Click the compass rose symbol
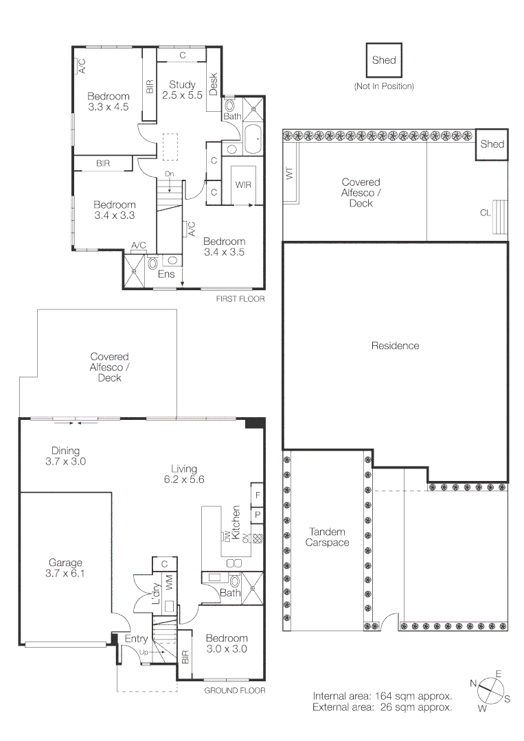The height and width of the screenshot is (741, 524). pyautogui.click(x=489, y=691)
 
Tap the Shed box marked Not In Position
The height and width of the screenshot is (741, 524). pyautogui.click(x=384, y=60)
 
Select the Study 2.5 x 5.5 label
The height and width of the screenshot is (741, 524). pyautogui.click(x=182, y=90)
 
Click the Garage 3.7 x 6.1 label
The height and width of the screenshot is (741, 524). pyautogui.click(x=66, y=569)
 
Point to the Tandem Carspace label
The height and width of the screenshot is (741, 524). pyautogui.click(x=327, y=537)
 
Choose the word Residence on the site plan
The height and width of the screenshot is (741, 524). pyautogui.click(x=395, y=346)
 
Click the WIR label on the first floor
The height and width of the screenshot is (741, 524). pyautogui.click(x=243, y=185)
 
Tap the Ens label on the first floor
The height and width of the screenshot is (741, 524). pyautogui.click(x=166, y=274)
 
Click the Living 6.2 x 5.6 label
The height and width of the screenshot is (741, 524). pyautogui.click(x=184, y=475)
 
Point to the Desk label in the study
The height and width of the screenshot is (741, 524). pyautogui.click(x=213, y=84)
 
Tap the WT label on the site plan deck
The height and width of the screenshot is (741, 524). pyautogui.click(x=289, y=174)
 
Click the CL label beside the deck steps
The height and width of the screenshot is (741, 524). pyautogui.click(x=486, y=213)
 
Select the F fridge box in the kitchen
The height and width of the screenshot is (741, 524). pyautogui.click(x=258, y=494)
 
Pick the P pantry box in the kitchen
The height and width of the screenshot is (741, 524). pyautogui.click(x=258, y=513)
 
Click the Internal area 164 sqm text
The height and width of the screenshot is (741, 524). pyautogui.click(x=382, y=694)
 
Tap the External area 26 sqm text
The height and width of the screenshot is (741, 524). pyautogui.click(x=382, y=707)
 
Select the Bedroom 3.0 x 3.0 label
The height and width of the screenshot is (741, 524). pyautogui.click(x=227, y=643)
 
